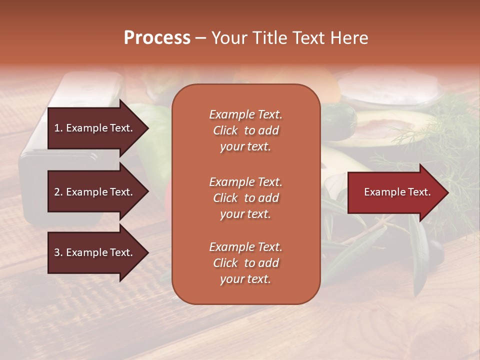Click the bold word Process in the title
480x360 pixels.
pyautogui.click(x=157, y=38)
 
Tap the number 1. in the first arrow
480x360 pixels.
pyautogui.click(x=58, y=128)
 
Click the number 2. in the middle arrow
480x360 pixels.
pyautogui.click(x=58, y=192)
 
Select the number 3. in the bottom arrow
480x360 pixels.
pyautogui.click(x=58, y=252)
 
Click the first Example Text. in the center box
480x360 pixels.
pyautogui.click(x=245, y=114)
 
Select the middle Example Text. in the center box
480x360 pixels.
pyautogui.click(x=245, y=182)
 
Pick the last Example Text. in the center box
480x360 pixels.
pyautogui.click(x=245, y=247)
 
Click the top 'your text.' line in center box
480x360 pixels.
pyautogui.click(x=245, y=147)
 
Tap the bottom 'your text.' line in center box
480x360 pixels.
pyautogui.click(x=245, y=279)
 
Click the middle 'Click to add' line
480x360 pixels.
pyautogui.click(x=245, y=198)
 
